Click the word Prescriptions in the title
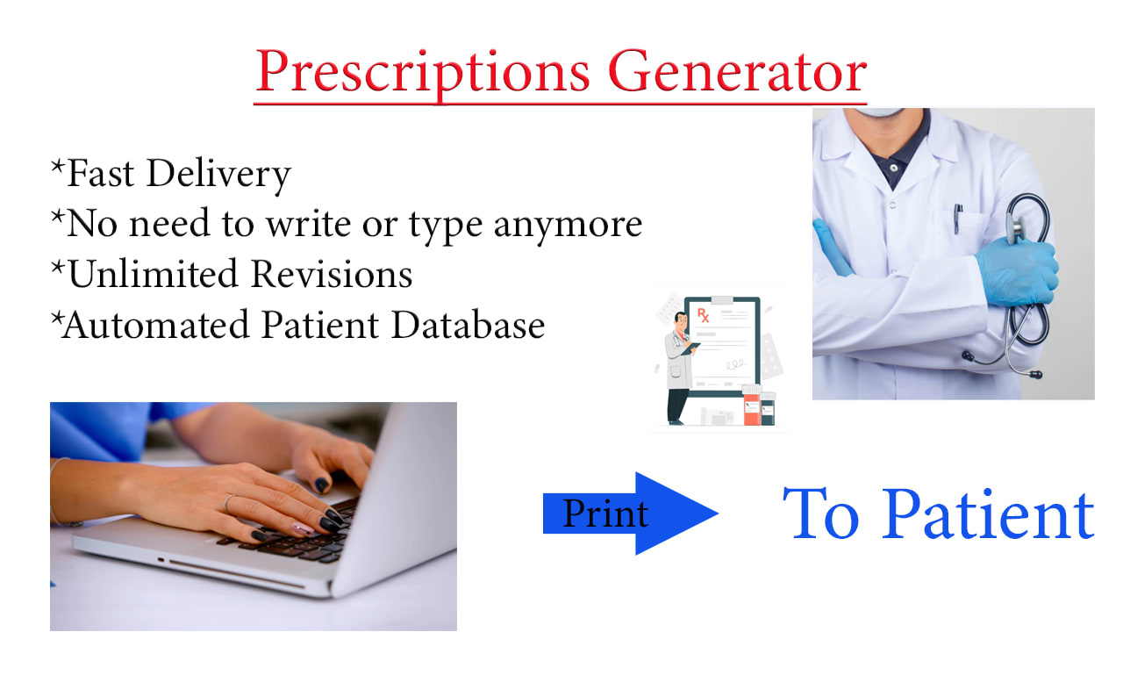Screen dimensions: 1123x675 (x=423, y=74)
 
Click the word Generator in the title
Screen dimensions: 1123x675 (x=738, y=70)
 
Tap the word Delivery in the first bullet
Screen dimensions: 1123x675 (x=218, y=175)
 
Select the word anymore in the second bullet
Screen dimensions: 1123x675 (x=568, y=226)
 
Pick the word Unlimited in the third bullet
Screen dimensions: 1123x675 (x=153, y=275)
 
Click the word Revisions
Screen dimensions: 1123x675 (x=332, y=275)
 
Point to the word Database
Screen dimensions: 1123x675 (x=468, y=325)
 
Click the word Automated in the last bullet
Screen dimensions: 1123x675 (x=156, y=325)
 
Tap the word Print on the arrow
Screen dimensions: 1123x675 (x=605, y=513)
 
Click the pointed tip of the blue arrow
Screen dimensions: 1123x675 (x=718, y=513)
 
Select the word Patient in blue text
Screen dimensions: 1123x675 (x=988, y=514)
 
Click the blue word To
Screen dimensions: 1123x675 (x=821, y=514)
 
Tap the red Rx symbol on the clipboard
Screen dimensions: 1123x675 (x=704, y=315)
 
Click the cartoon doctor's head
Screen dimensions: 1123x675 (x=681, y=321)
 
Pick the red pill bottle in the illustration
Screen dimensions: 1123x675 (x=751, y=406)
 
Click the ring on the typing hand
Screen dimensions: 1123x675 (x=229, y=502)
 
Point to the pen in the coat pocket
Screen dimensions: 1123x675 (x=958, y=218)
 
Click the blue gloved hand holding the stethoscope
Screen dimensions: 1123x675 (x=1018, y=271)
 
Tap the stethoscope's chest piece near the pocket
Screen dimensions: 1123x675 (x=1015, y=227)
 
